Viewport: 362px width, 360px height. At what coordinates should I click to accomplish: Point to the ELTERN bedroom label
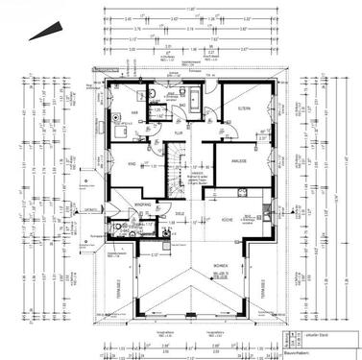pos(244,110)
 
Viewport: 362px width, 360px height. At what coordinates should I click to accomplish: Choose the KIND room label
pos(132,164)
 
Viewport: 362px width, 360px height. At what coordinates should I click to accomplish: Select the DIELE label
pos(181,213)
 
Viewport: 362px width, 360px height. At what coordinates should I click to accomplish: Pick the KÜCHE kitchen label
pos(228,220)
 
